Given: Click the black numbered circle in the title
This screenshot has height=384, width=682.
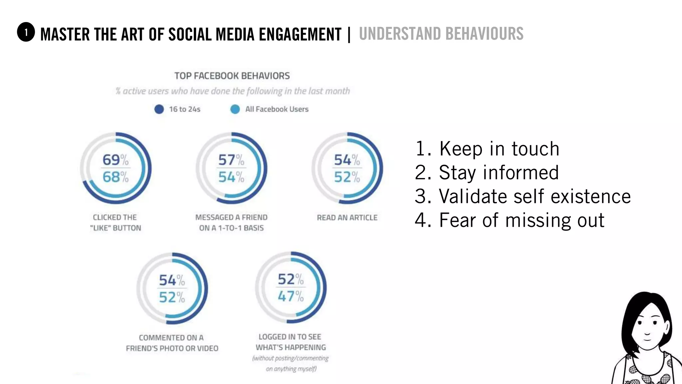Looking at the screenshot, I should pyautogui.click(x=26, y=32).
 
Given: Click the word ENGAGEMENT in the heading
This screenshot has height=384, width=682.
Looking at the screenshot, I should pyautogui.click(x=300, y=34).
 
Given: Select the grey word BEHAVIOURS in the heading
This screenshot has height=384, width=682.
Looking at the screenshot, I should pyautogui.click(x=484, y=34).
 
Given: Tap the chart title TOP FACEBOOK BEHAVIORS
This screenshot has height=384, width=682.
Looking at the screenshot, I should pyautogui.click(x=232, y=76).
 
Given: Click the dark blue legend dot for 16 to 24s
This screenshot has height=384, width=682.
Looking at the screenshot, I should pyautogui.click(x=159, y=109).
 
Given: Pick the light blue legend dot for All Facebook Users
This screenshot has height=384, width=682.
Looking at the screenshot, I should pyautogui.click(x=235, y=109).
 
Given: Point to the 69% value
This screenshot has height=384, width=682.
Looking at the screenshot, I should pyautogui.click(x=115, y=160).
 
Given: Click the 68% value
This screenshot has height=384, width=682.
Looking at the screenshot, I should pyautogui.click(x=115, y=177).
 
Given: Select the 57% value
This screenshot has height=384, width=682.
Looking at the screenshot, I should pyautogui.click(x=231, y=160).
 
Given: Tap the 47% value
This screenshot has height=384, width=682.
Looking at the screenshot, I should pyautogui.click(x=290, y=296).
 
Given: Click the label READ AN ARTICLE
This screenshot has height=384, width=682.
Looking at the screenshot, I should pyautogui.click(x=347, y=218).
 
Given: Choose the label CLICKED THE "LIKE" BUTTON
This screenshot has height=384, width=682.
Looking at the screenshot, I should pyautogui.click(x=115, y=223).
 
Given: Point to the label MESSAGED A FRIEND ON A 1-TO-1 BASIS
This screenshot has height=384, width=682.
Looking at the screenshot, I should pyautogui.click(x=231, y=223).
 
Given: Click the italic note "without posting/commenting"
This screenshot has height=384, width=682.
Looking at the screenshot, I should pyautogui.click(x=290, y=358).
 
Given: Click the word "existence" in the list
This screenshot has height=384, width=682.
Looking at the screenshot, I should pyautogui.click(x=590, y=196).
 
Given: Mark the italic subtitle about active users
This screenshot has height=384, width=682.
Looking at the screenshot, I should pyautogui.click(x=232, y=91).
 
